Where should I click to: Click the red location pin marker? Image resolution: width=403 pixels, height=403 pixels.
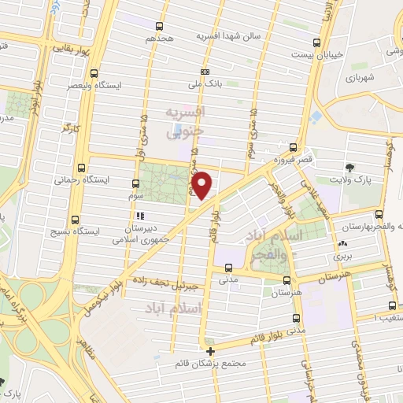tap(203, 186)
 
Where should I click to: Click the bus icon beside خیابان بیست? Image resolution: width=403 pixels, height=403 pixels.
tap(316, 43)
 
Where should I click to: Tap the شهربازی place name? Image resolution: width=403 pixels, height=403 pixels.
tap(361, 79)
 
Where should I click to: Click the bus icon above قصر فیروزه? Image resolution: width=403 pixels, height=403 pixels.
tap(293, 147)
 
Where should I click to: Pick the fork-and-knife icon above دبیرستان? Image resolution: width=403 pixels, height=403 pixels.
tap(140, 216)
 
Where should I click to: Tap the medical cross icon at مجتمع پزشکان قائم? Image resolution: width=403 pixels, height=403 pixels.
tap(210, 352)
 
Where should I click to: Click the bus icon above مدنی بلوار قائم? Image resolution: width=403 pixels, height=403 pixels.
tap(296, 319)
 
